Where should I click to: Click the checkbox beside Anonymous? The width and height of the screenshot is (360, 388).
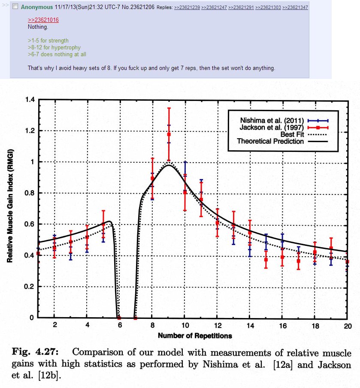tap(15, 7)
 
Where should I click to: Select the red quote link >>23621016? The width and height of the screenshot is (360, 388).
tap(43, 20)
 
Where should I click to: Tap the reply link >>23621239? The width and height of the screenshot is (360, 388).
tap(187, 8)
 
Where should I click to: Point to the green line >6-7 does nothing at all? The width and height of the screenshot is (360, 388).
tap(57, 55)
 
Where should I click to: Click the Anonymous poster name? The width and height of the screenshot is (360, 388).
tap(37, 7)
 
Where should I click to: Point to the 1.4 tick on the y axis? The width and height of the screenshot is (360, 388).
tap(30, 100)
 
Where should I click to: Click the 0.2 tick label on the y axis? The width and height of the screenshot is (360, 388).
tap(30, 287)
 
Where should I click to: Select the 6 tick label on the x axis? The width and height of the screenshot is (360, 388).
tap(120, 326)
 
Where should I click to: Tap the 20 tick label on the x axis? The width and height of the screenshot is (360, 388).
tap(348, 326)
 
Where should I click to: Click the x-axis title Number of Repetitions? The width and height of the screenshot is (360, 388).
tap(195, 336)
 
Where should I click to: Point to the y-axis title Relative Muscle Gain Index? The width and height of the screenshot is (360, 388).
tap(9, 206)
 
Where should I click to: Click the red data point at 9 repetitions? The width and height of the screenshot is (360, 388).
tap(169, 134)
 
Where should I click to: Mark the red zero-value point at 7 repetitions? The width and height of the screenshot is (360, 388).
tap(136, 318)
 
